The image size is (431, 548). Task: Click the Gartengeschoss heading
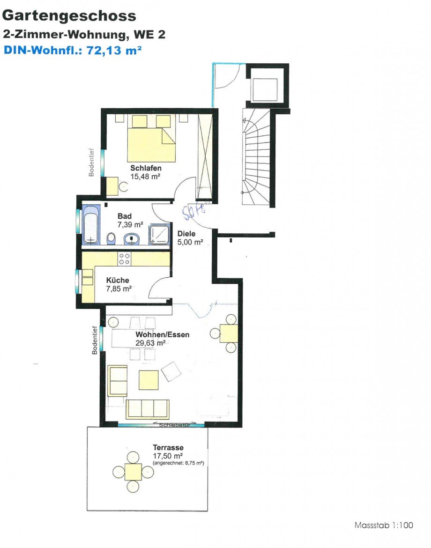tap(69, 16)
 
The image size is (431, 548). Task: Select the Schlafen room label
tap(146, 168)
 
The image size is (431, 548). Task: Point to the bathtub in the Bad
tap(91, 224)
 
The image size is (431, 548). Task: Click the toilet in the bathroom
tap(111, 239)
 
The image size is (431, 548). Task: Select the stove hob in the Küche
tap(125, 259)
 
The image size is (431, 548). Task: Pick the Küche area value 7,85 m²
tap(119, 289)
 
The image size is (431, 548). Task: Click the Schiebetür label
tap(174, 425)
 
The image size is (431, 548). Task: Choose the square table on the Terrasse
tap(133, 472)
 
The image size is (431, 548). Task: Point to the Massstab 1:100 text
tap(384, 525)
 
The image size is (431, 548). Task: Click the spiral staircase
tap(257, 157)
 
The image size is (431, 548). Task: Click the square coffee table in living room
tap(149, 380)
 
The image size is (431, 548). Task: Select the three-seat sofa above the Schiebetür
tap(148, 409)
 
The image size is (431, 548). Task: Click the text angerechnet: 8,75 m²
tap(178, 463)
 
